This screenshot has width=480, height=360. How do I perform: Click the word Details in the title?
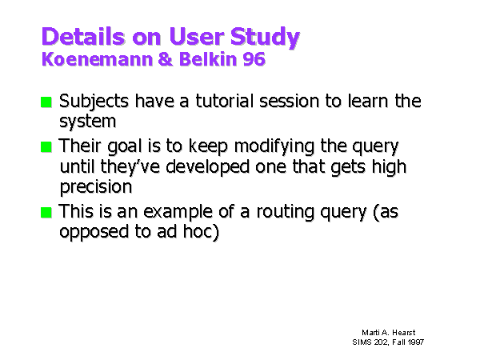click(x=83, y=37)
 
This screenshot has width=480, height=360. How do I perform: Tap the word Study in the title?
click(x=265, y=38)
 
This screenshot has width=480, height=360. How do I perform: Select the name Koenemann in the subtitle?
click(x=97, y=58)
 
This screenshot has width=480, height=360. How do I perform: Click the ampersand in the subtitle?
click(x=166, y=58)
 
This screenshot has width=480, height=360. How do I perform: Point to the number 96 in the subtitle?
click(x=254, y=58)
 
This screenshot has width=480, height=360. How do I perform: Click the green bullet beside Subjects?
click(x=46, y=102)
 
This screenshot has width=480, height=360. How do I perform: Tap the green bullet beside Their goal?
click(x=46, y=147)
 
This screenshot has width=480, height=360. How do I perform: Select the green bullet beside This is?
click(x=46, y=213)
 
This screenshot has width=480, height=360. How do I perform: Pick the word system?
click(x=87, y=122)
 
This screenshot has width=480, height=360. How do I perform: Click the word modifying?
click(x=274, y=147)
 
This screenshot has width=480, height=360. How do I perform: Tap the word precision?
click(x=96, y=187)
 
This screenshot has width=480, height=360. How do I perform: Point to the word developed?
click(x=207, y=167)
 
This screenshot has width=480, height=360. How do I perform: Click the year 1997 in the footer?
click(x=416, y=342)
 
